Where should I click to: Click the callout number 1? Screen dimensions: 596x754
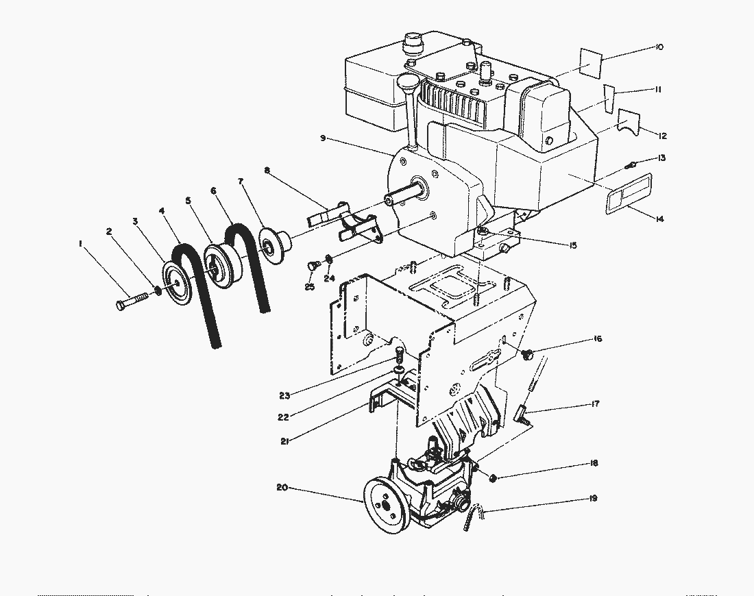[81, 243]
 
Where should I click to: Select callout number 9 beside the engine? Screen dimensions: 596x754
[322, 138]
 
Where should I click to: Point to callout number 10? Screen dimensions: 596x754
[659, 47]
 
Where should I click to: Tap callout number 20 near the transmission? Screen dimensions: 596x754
[281, 488]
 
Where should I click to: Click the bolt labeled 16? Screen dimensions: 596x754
[528, 354]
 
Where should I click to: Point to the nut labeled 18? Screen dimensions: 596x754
[494, 475]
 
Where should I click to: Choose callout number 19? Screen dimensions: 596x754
[592, 498]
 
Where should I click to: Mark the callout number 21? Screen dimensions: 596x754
[284, 441]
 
